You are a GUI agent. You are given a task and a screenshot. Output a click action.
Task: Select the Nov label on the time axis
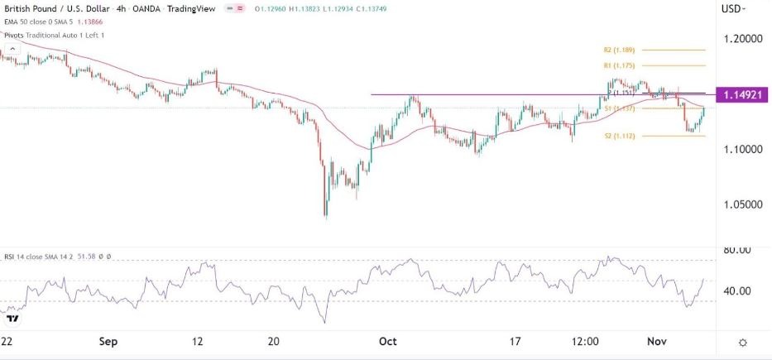[656, 341]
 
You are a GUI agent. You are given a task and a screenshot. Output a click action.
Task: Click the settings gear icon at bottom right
[743, 343]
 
